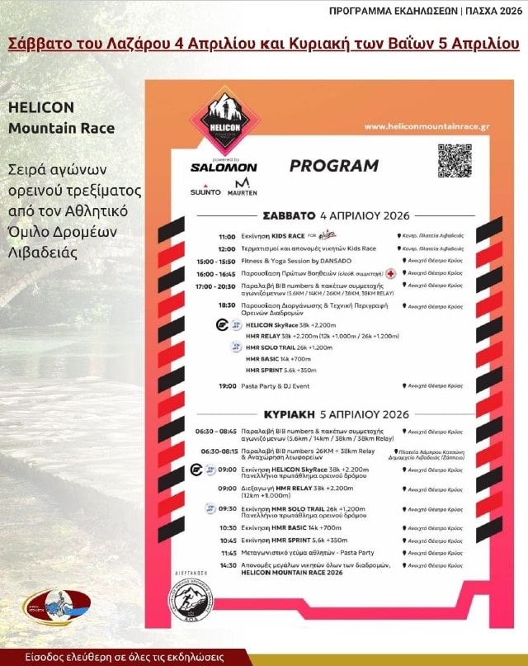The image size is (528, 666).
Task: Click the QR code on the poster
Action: click(454, 161)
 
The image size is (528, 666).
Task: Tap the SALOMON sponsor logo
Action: click(224, 167)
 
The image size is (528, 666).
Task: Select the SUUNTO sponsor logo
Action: click(206, 191)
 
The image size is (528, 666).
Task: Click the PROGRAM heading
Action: click(333, 166)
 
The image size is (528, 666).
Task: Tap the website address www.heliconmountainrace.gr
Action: click(427, 126)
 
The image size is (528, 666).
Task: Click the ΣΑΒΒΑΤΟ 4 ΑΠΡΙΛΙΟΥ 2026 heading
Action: click(336, 215)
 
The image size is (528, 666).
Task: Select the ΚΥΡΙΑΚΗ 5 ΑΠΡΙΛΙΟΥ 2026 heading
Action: click(336, 413)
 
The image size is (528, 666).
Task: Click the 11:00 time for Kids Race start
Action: click(227, 236)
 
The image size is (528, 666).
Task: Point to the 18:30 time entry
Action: click(227, 305)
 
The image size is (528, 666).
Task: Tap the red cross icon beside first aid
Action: click(391, 273)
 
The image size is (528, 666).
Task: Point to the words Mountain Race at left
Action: click(61, 129)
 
